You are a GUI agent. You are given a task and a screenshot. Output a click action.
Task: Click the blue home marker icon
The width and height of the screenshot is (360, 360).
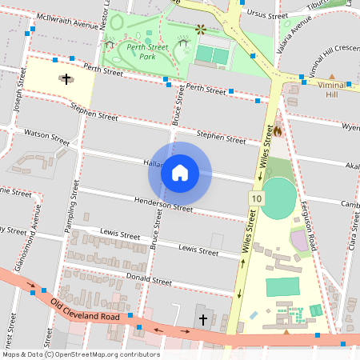click(x=180, y=172)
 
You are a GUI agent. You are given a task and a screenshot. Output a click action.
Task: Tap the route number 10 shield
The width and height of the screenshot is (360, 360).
click(x=255, y=198)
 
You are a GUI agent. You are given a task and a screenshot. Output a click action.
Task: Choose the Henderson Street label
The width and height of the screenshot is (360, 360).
click(x=163, y=204)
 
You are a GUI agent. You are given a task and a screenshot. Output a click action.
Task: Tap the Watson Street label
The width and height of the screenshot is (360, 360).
click(x=47, y=135)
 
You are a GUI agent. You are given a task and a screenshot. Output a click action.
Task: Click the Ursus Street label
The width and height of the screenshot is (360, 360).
click(x=268, y=15)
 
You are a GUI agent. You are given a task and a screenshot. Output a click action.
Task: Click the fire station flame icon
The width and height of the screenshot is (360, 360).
click(x=278, y=127)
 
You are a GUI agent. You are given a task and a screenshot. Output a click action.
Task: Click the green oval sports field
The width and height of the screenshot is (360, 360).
click(x=278, y=198)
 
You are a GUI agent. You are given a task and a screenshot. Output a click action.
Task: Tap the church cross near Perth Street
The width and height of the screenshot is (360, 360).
click(x=66, y=79)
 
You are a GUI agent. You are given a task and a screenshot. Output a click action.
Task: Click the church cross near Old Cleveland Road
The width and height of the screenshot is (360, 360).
click(x=202, y=320)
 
